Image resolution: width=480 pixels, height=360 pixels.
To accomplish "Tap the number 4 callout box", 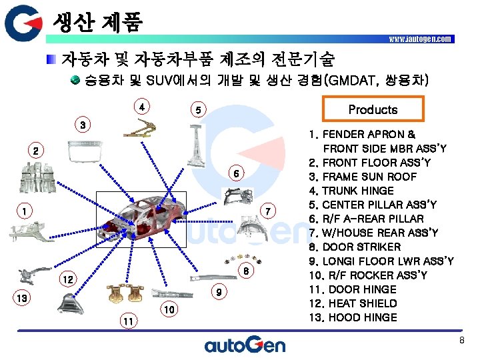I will [x=141, y=106].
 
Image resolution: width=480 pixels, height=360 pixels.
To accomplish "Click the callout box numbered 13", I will [x=22, y=298].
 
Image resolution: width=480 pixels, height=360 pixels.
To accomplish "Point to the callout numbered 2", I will [x=37, y=151].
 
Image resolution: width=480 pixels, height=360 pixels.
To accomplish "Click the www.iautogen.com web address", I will [x=420, y=39].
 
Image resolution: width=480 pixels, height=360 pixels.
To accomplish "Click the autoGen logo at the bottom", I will [x=245, y=345].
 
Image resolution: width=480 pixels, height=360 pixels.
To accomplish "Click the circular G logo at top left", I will [x=25, y=25].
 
